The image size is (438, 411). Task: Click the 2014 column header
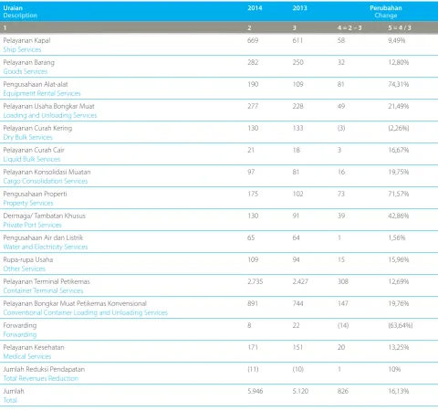click(255, 8)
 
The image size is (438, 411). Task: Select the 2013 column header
click(299, 8)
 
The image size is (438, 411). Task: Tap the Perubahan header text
click(386, 8)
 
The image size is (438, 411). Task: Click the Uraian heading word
click(13, 8)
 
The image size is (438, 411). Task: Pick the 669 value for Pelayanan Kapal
click(253, 40)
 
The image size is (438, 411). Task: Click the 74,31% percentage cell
click(399, 84)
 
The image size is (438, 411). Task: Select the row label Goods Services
click(26, 71)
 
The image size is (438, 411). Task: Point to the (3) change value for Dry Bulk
click(341, 128)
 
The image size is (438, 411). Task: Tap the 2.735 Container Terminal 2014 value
click(255, 281)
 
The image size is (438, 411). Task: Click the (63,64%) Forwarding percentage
click(401, 325)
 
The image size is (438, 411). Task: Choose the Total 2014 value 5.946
click(255, 391)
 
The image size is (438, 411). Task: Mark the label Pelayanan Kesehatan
click(34, 347)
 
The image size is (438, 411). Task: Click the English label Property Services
click(28, 203)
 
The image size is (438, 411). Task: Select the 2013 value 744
click(297, 303)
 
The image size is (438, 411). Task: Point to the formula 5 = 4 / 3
click(400, 28)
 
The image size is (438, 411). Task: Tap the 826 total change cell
click(343, 391)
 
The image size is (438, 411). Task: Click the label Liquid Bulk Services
click(32, 159)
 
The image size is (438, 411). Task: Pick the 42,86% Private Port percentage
click(399, 216)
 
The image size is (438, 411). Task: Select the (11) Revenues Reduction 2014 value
click(253, 369)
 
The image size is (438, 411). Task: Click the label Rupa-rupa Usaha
click(28, 259)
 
